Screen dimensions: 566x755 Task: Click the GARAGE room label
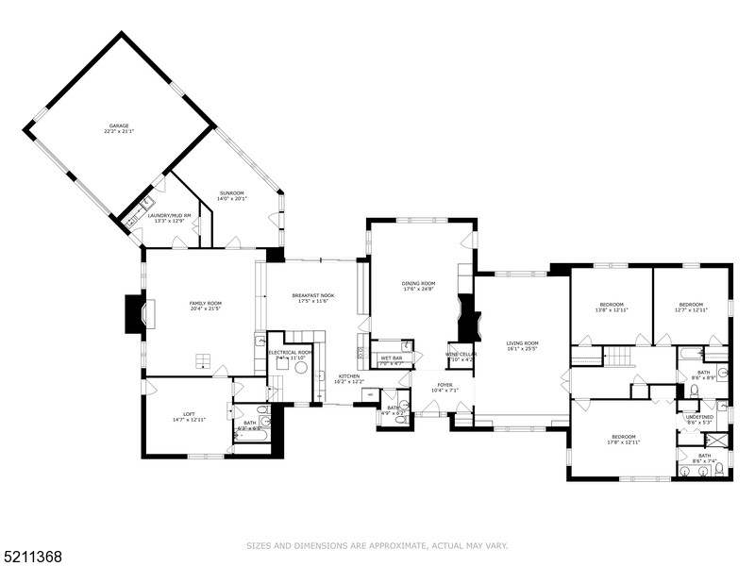click(x=118, y=125)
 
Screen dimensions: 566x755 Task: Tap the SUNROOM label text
click(x=231, y=192)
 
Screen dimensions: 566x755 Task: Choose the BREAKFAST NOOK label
click(x=312, y=296)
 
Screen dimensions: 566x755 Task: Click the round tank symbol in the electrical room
click(x=301, y=368)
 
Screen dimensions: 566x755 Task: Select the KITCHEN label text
click(x=348, y=375)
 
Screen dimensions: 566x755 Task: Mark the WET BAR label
click(x=392, y=358)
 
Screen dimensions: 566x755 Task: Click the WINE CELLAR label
click(x=461, y=354)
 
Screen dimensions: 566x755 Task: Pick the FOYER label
click(x=444, y=385)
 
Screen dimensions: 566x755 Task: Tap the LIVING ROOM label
click(x=521, y=342)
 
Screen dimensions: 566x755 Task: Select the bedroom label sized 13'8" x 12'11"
click(x=612, y=304)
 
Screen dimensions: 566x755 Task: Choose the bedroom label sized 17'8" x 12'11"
click(x=623, y=437)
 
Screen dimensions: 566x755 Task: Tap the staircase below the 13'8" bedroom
click(x=617, y=356)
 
